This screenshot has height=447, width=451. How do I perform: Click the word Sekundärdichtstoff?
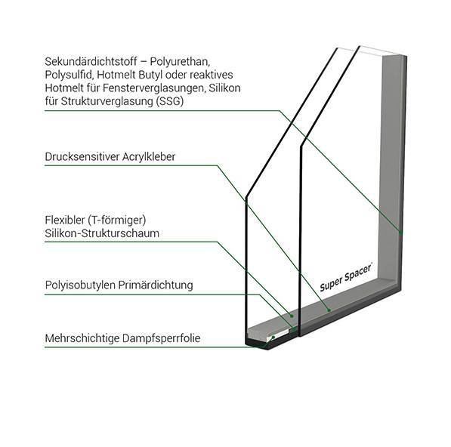point(91,61)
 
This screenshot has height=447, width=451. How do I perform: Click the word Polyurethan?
point(180,62)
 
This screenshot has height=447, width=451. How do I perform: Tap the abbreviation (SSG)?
point(170,101)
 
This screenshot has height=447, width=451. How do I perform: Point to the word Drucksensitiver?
point(82,156)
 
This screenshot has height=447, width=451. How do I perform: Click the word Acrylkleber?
point(149,157)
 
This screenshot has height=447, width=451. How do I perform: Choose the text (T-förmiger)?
point(117,220)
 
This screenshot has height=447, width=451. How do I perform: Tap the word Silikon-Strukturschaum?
point(102,233)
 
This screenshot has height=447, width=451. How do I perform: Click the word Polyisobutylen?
point(80,285)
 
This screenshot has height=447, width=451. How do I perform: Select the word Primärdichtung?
point(156,285)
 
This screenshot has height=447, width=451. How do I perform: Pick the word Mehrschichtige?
point(82,338)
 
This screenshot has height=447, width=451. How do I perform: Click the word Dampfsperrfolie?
point(161,338)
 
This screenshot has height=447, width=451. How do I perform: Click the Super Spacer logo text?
point(346,277)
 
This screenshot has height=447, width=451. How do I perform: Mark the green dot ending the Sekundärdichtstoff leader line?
point(400,232)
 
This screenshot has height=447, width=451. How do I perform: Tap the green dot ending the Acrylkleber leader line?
point(329,310)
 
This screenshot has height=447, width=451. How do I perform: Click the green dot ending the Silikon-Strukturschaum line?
point(292,316)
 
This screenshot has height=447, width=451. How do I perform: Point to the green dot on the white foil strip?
point(273,337)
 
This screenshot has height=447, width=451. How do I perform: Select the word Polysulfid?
point(70,75)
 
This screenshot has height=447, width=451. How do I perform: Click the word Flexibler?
point(65,220)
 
